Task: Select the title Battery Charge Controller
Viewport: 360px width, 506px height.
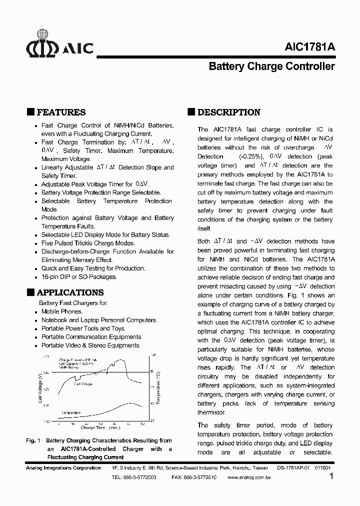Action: tap(271, 66)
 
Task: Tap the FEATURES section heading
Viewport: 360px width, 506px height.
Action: tap(61, 112)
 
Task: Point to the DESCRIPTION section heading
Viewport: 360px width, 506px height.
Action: tap(228, 112)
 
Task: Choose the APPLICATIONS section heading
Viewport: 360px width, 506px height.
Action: tap(70, 292)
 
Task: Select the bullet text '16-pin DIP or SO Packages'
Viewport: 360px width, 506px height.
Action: tap(79, 276)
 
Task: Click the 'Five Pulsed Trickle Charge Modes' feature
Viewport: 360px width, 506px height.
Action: tap(88, 243)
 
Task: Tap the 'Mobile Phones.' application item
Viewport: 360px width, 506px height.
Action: tap(61, 311)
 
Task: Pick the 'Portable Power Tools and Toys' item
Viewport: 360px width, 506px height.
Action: tap(83, 328)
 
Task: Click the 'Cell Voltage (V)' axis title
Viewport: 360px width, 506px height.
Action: tap(39, 388)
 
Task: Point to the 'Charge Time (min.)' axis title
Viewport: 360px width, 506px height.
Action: tap(100, 428)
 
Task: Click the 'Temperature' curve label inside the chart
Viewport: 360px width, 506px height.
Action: tap(70, 412)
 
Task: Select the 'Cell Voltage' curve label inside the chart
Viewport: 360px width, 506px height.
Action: tap(83, 384)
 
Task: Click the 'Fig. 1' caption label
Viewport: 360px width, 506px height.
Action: tap(32, 440)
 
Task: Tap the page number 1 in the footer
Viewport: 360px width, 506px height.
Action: tap(331, 476)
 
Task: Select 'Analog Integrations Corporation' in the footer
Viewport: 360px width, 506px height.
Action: tap(63, 468)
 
